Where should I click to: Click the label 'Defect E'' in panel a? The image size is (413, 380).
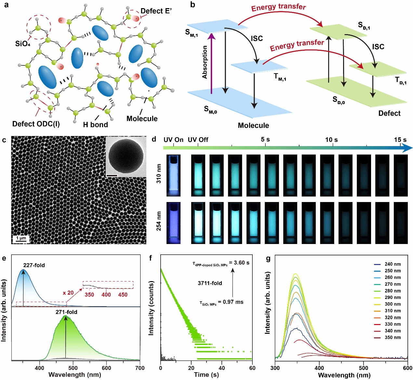pyautogui.click(x=156, y=11)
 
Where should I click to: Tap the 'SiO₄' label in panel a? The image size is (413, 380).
pyautogui.click(x=23, y=44)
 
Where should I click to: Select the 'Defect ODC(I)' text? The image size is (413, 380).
pyautogui.click(x=36, y=124)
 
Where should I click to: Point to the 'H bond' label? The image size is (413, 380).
pyautogui.click(x=95, y=125)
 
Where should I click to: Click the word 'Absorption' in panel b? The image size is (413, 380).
pyautogui.click(x=205, y=62)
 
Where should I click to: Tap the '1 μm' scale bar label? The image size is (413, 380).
pyautogui.click(x=21, y=238)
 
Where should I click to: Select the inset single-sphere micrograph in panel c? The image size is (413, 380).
pyautogui.click(x=126, y=156)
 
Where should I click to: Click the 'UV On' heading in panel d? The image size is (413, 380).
pyautogui.click(x=173, y=140)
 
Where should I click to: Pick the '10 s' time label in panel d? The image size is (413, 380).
pyautogui.click(x=331, y=140)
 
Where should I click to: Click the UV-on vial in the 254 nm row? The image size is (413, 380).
pyautogui.click(x=173, y=223)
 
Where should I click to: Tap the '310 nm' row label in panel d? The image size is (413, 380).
pyautogui.click(x=159, y=173)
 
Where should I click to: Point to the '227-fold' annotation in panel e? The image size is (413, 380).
pyautogui.click(x=34, y=265)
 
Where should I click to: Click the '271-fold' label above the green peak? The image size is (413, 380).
pyautogui.click(x=66, y=312)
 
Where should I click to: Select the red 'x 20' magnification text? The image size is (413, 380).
pyautogui.click(x=68, y=293)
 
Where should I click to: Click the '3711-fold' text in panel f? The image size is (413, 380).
pyautogui.click(x=210, y=283)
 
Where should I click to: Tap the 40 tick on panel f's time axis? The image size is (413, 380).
pyautogui.click(x=222, y=368)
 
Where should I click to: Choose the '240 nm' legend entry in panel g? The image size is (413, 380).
pyautogui.click(x=393, y=264)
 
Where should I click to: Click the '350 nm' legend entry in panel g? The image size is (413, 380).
pyautogui.click(x=393, y=337)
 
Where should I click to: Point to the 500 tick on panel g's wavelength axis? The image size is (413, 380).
pyautogui.click(x=364, y=368)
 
